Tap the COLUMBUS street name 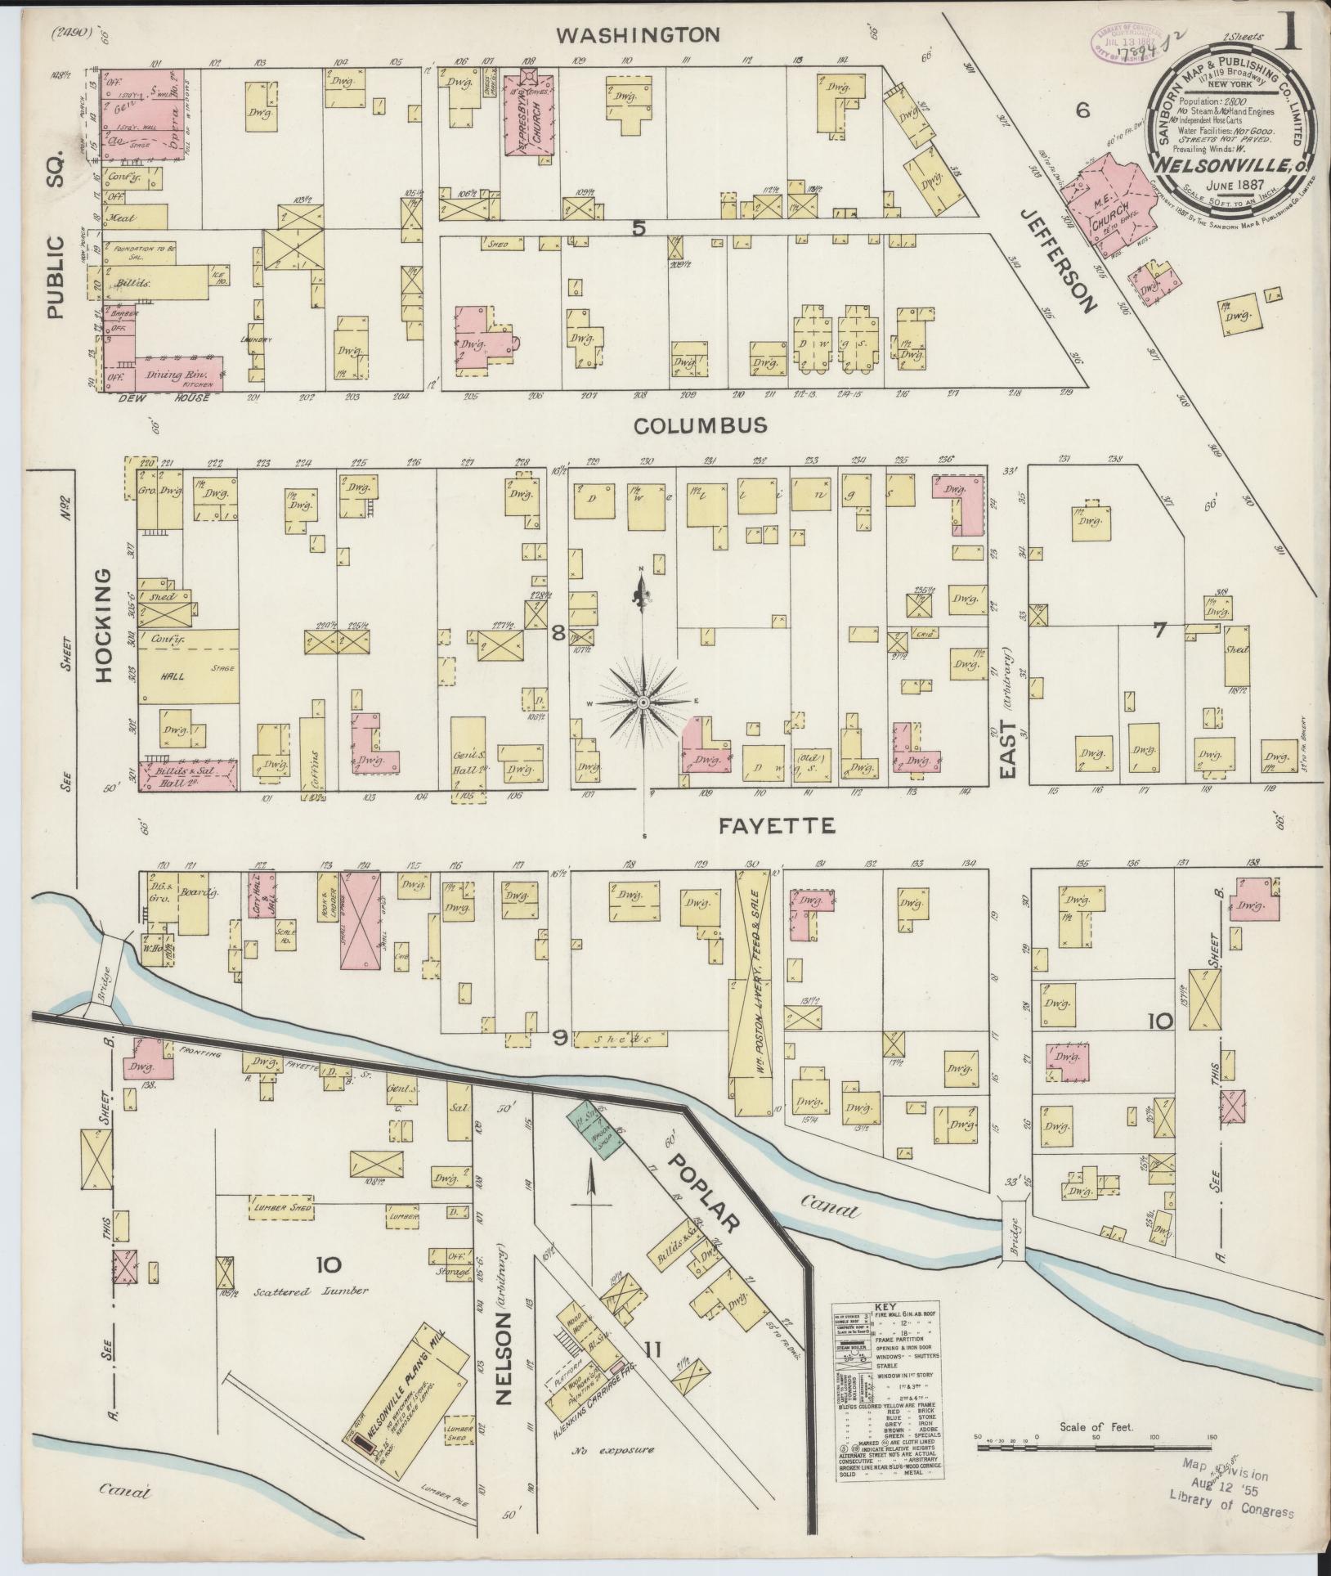(701, 426)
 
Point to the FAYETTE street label (777, 827)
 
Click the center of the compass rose (643, 703)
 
